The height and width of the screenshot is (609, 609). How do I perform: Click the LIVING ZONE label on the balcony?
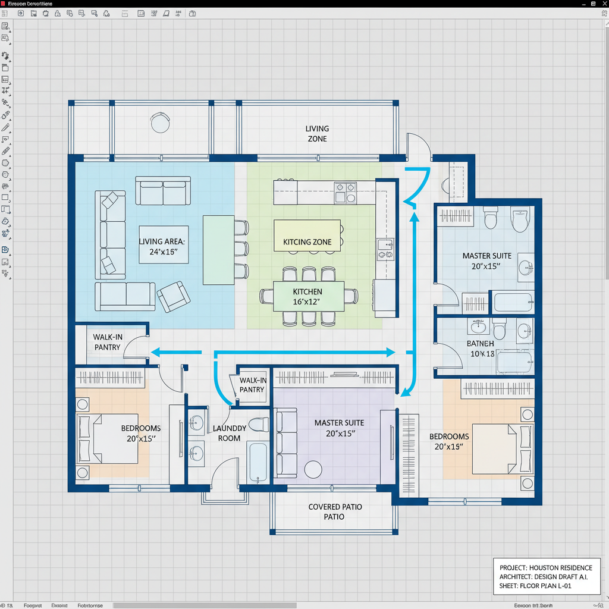317,134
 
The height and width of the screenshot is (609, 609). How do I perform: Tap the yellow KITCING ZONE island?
307,236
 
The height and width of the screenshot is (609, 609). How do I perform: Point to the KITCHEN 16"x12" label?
307,296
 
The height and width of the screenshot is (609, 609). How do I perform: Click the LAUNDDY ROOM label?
229,433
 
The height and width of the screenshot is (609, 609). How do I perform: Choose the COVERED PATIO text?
335,507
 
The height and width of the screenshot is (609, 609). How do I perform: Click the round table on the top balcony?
161,123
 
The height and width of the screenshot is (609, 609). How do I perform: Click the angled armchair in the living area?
173,296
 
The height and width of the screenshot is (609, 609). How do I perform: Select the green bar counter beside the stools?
218,250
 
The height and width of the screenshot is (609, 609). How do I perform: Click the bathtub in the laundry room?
258,462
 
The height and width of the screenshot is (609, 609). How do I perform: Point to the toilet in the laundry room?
258,425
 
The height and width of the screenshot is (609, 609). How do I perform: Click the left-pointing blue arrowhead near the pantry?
156,352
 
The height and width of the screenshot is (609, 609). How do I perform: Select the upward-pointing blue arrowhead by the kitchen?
415,218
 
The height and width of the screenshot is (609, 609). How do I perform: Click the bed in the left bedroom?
107,439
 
